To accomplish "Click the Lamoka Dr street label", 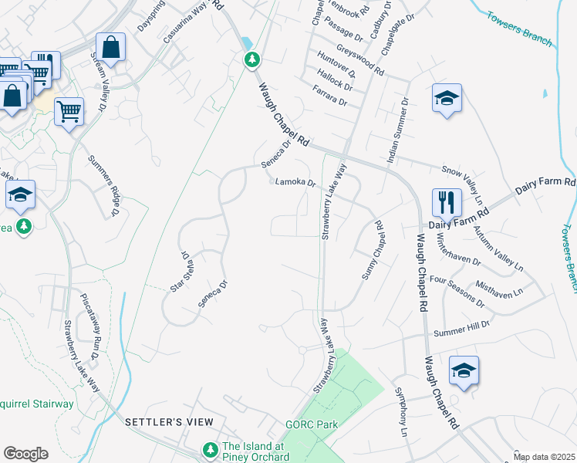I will (296, 183).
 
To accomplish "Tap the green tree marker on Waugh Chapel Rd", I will (251, 59).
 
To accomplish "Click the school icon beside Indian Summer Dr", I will (447, 98).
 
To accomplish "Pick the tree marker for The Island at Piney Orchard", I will (209, 448).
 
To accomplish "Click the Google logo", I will (25, 454).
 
